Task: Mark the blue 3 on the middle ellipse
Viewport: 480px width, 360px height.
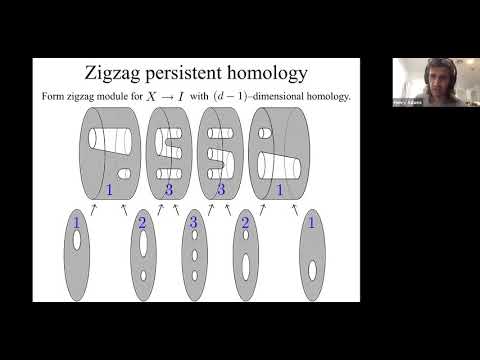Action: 192,223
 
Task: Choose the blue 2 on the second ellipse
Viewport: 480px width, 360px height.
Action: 142,223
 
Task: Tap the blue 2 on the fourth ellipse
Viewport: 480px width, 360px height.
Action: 245,223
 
